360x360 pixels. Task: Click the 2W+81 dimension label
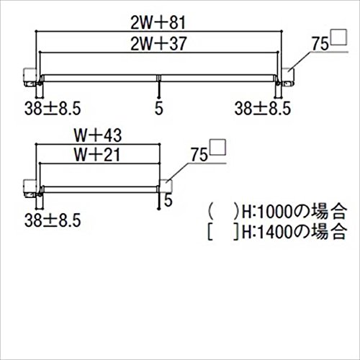tap(158, 23)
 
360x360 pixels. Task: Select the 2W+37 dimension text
tap(158, 44)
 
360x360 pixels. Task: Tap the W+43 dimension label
tap(98, 135)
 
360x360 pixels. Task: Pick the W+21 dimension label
tap(97, 155)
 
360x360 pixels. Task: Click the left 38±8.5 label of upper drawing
tap(53, 109)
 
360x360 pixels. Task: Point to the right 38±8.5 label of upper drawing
tap(263, 109)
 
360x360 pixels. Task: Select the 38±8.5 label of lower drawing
tap(53, 220)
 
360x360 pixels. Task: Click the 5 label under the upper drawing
tap(159, 109)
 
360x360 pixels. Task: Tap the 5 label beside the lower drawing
tap(168, 200)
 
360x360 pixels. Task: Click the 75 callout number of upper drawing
tap(320, 44)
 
